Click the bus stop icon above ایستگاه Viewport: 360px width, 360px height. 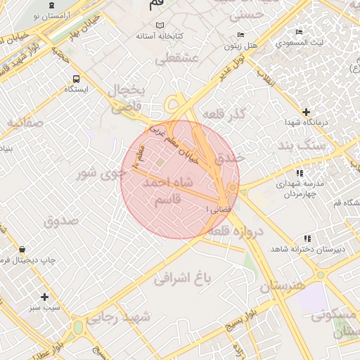click(76, 78)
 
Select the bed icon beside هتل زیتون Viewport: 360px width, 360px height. click(240, 34)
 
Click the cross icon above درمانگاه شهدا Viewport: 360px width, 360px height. click(305, 112)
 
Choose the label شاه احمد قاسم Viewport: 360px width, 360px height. click(169, 191)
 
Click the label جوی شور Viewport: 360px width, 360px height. click(95, 172)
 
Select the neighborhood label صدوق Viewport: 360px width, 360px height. click(62, 221)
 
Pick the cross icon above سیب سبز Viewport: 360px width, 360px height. click(45, 297)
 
